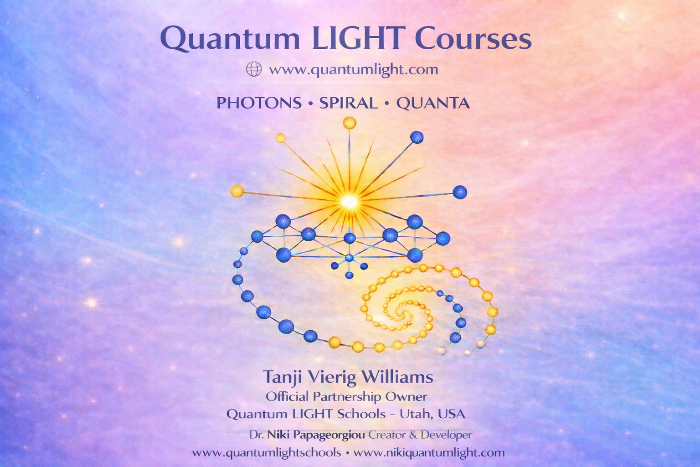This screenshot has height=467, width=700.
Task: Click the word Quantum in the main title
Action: tap(230, 39)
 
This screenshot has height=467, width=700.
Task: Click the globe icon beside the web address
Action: tap(254, 69)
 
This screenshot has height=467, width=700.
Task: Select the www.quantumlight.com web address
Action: tap(354, 69)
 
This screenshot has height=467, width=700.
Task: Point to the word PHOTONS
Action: tap(259, 103)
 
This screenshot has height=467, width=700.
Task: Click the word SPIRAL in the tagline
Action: tap(349, 103)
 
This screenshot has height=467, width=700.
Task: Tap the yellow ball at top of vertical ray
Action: tap(350, 123)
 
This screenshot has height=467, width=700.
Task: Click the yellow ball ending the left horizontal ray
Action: tap(237, 191)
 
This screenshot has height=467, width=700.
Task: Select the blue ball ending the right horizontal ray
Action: tap(460, 192)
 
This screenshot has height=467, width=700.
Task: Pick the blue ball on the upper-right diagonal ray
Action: tap(417, 137)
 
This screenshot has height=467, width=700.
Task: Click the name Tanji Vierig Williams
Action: tap(348, 377)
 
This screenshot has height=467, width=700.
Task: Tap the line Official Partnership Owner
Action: tap(346, 397)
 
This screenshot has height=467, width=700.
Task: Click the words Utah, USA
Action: tap(433, 414)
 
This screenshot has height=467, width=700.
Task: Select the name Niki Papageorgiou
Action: tap(316, 435)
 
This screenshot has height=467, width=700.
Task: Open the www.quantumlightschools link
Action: tap(267, 452)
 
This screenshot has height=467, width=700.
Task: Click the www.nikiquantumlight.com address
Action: tap(429, 452)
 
